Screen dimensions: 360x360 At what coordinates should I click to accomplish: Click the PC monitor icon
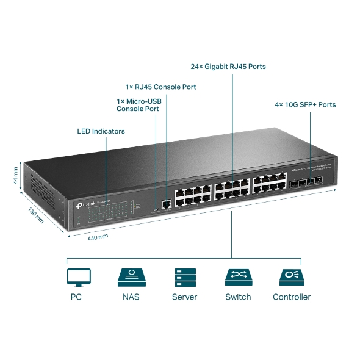click(x=78, y=278)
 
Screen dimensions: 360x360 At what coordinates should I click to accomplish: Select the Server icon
click(x=184, y=278)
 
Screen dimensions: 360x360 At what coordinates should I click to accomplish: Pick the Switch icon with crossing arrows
click(x=238, y=278)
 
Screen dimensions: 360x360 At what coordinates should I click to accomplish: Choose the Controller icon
click(x=291, y=278)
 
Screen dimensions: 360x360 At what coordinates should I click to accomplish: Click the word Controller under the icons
click(x=291, y=297)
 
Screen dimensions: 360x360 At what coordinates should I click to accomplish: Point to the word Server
click(x=184, y=297)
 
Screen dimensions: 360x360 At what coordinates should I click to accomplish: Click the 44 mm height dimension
click(x=15, y=175)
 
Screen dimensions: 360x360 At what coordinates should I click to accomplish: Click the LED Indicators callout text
click(x=101, y=131)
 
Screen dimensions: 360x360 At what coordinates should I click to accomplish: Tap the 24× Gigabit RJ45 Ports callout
click(x=228, y=67)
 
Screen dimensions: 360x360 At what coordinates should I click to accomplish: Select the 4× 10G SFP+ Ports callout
click(x=305, y=104)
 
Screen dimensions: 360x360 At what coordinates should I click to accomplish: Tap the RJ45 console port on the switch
click(x=165, y=204)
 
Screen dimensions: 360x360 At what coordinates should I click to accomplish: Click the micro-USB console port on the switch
click(x=156, y=208)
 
